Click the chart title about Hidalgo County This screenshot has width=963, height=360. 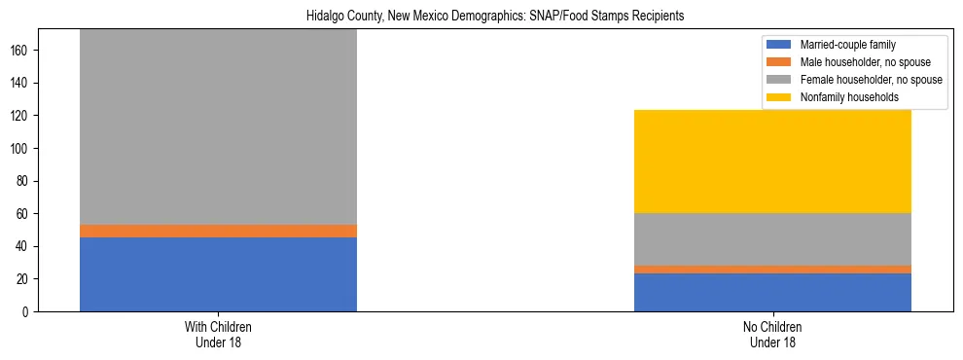pos(481,16)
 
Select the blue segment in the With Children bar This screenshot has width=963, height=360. pos(218,274)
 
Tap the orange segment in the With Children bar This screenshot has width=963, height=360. pos(218,231)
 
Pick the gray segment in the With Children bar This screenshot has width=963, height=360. pos(218,126)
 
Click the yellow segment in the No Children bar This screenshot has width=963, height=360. pos(772,162)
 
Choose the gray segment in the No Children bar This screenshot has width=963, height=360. pos(772,239)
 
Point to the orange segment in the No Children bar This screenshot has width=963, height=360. pos(772,270)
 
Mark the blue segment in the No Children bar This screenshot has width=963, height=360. pos(772,292)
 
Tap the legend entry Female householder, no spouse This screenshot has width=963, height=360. pos(856,80)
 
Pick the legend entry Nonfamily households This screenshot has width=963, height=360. pos(842,97)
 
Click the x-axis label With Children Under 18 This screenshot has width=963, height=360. pos(218,334)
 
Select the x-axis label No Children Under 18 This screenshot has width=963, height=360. pos(772,334)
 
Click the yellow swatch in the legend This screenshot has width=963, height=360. pos(780,97)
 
